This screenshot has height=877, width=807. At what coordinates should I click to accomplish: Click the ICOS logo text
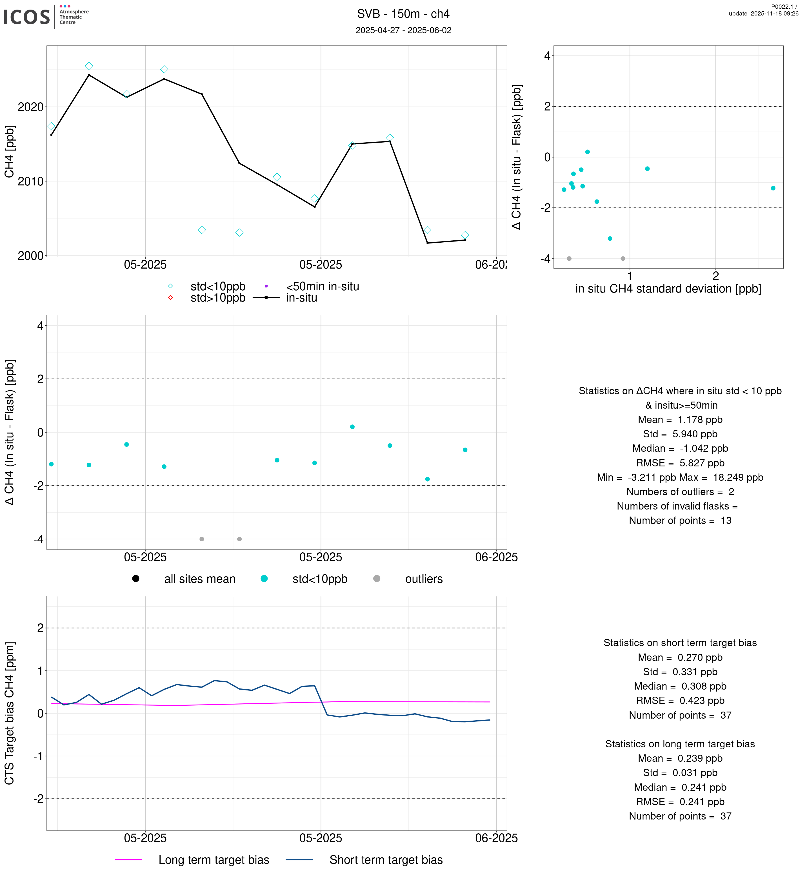click(x=26, y=17)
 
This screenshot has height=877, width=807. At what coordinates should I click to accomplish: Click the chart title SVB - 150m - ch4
click(x=403, y=14)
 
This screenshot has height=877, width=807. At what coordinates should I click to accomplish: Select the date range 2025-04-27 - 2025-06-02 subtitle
click(x=403, y=30)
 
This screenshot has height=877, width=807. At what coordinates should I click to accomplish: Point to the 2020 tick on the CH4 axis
click(x=31, y=107)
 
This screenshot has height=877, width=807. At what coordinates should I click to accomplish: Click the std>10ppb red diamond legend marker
click(x=170, y=298)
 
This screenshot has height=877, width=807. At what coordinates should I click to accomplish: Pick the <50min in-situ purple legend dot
click(x=266, y=286)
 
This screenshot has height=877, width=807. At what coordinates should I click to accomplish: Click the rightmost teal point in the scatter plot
click(x=773, y=188)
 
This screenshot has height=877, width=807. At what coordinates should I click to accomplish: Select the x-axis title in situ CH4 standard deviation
click(x=668, y=289)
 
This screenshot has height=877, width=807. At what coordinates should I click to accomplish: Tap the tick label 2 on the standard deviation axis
click(x=715, y=276)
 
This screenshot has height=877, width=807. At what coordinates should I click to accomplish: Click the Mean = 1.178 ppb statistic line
click(x=680, y=420)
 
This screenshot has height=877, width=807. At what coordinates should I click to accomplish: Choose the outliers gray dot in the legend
click(x=376, y=579)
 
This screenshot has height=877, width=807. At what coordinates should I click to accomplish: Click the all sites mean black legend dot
click(x=136, y=579)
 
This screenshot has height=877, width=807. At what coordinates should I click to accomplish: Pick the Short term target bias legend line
click(x=299, y=860)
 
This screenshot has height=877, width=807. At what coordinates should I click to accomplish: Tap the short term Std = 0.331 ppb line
click(x=680, y=672)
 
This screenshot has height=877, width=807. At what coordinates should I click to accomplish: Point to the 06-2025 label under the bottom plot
click(x=496, y=838)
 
